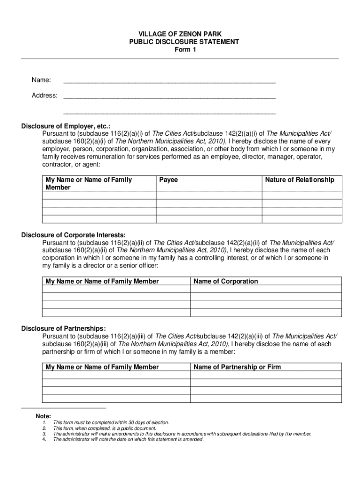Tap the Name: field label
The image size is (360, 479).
(41, 80)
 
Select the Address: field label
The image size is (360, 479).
(44, 95)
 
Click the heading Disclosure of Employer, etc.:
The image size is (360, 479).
(66, 126)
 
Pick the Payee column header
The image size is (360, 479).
(169, 180)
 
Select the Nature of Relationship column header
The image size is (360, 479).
(300, 180)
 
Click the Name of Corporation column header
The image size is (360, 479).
(226, 281)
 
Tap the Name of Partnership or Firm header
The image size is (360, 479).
(238, 367)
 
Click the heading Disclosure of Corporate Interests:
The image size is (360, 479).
(73, 235)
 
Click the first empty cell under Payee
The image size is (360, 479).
(209, 196)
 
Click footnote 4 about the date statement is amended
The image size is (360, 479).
(129, 439)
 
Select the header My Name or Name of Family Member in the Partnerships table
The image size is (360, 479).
(102, 367)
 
